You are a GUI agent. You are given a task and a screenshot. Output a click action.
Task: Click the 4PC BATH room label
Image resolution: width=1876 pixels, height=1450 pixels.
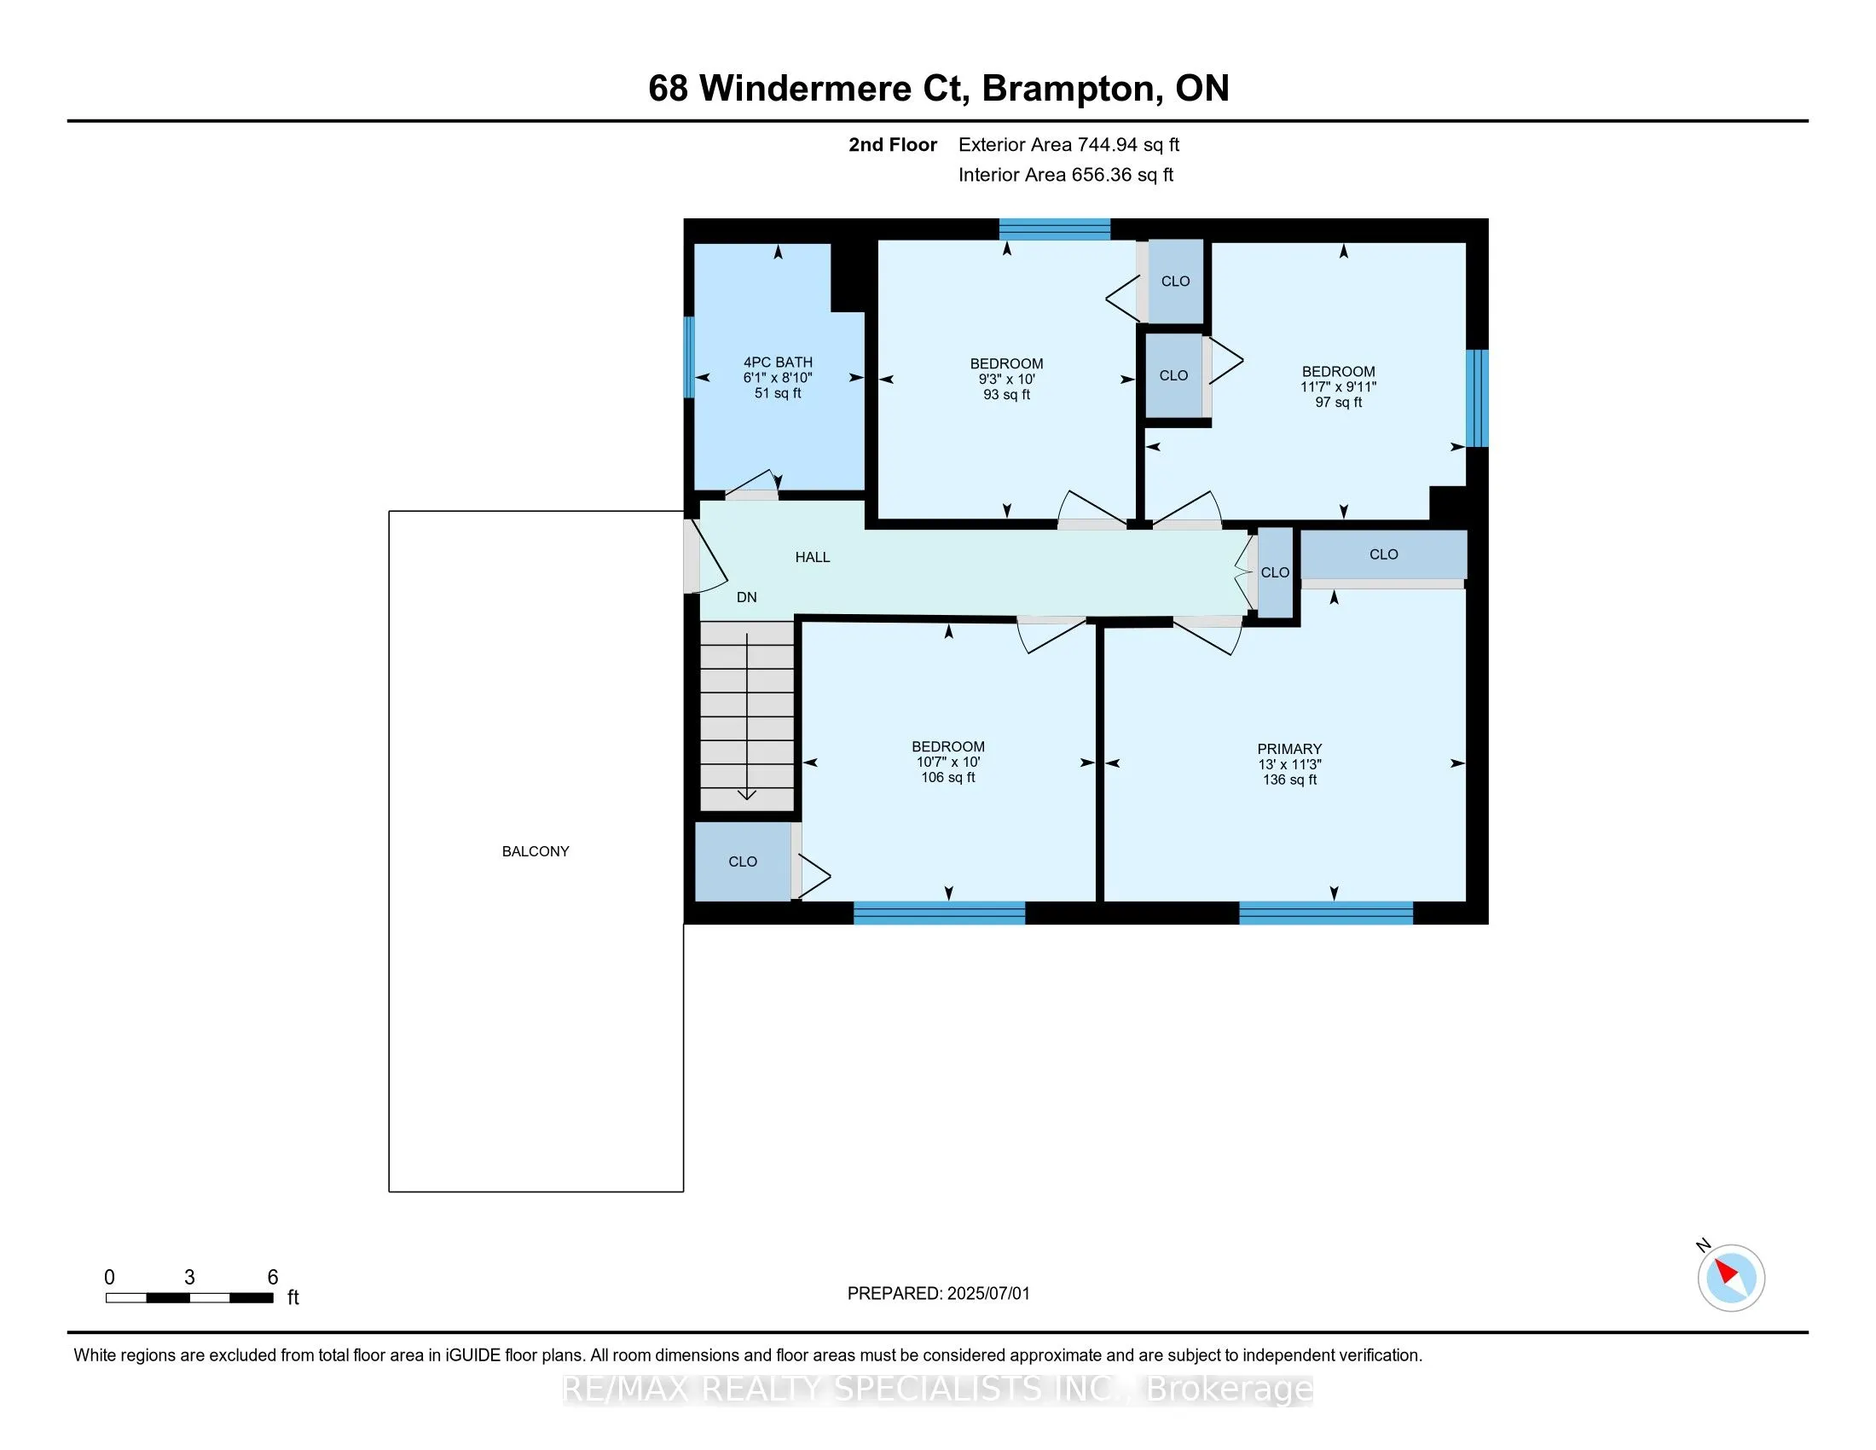[x=778, y=362]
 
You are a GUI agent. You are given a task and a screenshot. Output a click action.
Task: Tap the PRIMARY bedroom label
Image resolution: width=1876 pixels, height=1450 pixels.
[x=1289, y=749]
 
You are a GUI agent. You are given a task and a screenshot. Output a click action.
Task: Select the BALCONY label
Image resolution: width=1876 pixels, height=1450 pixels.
[x=536, y=851]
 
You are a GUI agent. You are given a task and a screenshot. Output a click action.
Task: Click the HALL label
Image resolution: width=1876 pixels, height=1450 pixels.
[x=813, y=558]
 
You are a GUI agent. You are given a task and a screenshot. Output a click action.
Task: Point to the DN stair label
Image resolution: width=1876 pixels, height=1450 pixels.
[x=746, y=597]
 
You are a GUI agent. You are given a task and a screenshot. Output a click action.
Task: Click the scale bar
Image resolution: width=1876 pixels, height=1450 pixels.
[x=190, y=1298]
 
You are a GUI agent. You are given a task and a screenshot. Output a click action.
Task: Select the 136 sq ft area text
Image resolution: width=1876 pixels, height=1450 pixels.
[x=1289, y=780]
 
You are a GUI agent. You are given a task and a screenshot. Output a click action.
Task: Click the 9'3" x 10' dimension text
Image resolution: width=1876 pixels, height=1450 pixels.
[x=1007, y=379]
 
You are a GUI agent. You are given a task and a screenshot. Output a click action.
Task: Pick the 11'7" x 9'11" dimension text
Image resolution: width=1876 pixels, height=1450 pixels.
[x=1338, y=386]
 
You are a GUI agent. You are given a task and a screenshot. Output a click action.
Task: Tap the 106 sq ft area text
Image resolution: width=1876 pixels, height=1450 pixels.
[x=948, y=777]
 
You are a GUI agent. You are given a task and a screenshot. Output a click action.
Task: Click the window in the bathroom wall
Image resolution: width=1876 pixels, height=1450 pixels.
[x=689, y=357]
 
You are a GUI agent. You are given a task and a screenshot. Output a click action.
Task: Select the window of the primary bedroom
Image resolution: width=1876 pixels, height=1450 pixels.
[x=1325, y=913]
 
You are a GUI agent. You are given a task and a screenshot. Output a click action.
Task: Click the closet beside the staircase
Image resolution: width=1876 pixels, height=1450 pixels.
[x=743, y=861]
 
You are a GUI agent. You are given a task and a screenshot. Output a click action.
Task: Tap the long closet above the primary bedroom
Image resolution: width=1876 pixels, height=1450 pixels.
[x=1384, y=555]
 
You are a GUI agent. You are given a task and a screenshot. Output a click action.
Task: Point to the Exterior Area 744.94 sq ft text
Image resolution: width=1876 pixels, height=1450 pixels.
[x=1068, y=145]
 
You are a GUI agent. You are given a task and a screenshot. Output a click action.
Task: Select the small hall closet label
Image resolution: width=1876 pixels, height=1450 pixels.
[x=1275, y=572]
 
